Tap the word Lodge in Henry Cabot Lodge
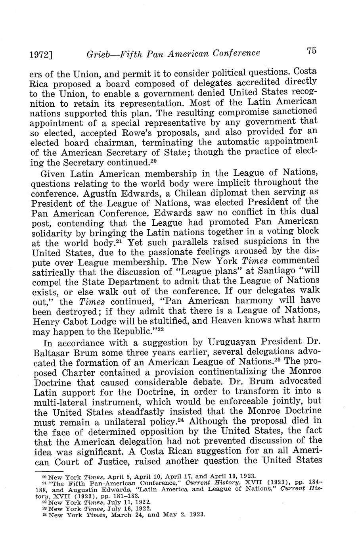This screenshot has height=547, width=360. (x=112, y=321)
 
